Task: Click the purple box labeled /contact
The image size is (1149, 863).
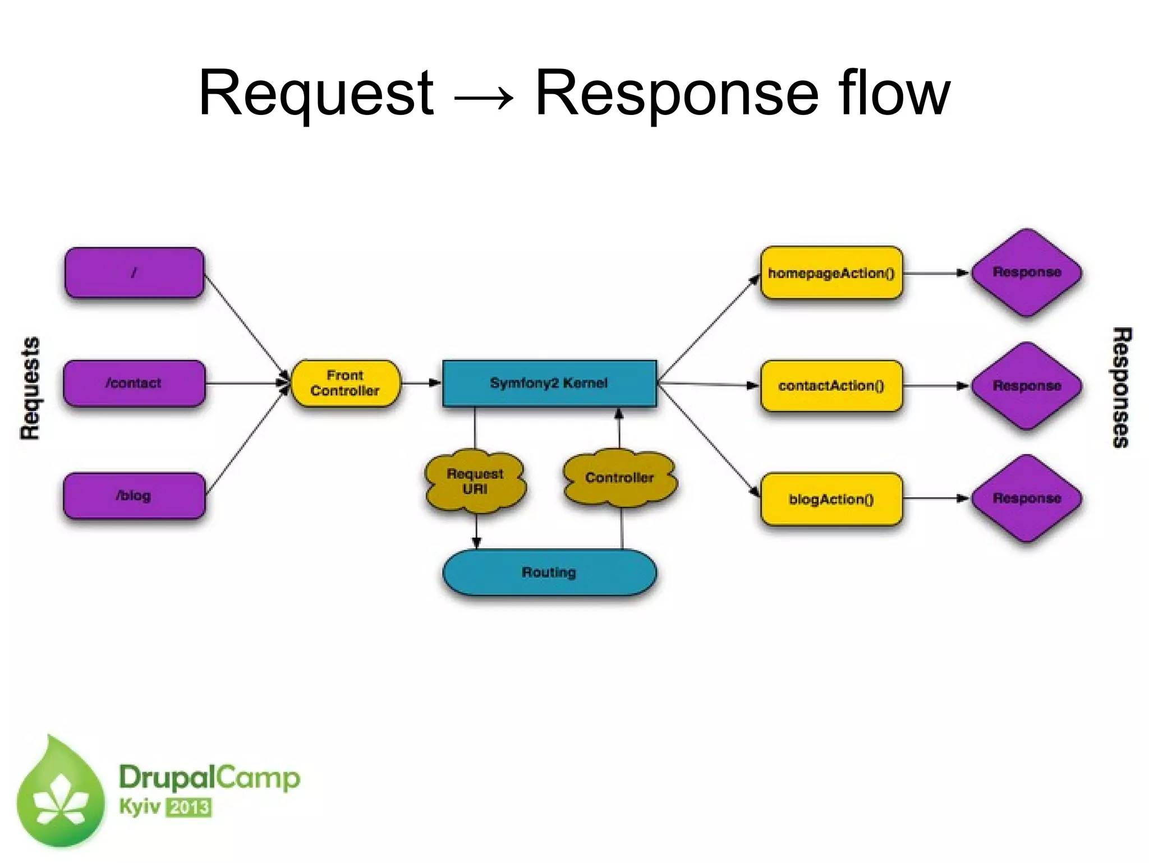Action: [134, 384]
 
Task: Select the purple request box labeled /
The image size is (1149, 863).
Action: [134, 273]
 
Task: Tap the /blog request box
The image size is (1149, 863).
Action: [134, 496]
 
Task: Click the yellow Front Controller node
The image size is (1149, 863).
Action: [346, 384]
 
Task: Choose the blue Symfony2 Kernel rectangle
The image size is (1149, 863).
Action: [549, 384]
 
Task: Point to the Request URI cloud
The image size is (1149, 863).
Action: [475, 482]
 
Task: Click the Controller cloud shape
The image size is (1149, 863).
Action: [619, 478]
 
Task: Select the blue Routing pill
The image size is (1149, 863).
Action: [549, 573]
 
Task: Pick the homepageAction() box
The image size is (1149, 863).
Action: [831, 273]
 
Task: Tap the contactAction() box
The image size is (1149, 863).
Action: [831, 386]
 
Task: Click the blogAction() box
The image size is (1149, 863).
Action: [831, 499]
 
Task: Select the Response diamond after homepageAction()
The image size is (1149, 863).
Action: [1027, 273]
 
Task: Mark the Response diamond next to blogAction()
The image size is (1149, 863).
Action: [1027, 499]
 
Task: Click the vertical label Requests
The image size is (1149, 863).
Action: [30, 388]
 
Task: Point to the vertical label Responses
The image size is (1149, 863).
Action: [1121, 388]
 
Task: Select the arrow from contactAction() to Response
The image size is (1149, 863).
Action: [936, 386]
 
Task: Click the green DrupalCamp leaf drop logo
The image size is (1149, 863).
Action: [61, 793]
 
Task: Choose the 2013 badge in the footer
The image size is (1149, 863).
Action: [189, 807]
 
